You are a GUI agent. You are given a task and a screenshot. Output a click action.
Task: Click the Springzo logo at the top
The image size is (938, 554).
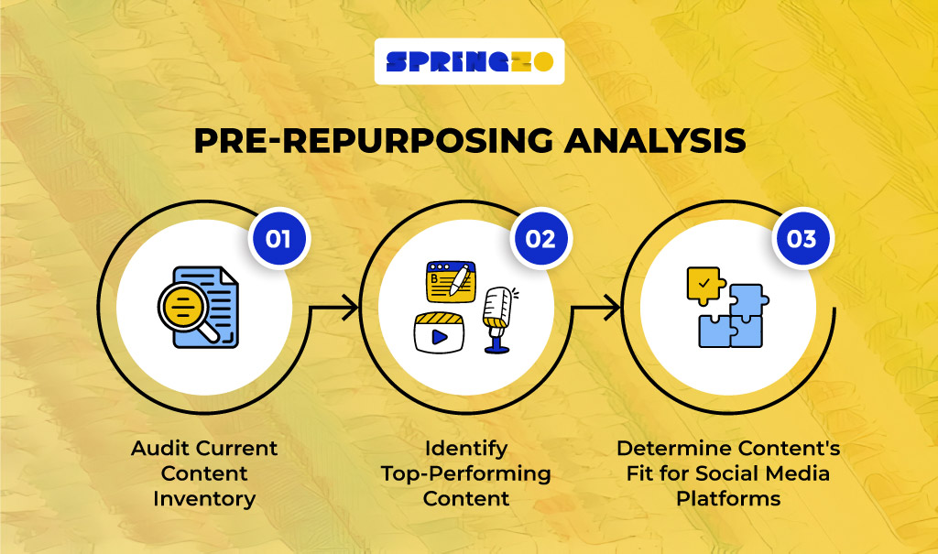pos(469,61)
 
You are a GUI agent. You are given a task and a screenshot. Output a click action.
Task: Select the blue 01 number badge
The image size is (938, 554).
pos(278,239)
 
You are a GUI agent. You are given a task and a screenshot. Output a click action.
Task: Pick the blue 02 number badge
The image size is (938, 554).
pos(540,239)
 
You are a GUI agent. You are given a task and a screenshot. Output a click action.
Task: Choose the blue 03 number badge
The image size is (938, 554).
pos(802,239)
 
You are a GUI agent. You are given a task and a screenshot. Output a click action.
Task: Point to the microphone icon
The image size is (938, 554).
pos(498,317)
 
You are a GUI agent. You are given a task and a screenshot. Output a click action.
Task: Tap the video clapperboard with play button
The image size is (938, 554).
pos(440,332)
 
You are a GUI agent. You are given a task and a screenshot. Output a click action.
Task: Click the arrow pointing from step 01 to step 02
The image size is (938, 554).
pos(334,310)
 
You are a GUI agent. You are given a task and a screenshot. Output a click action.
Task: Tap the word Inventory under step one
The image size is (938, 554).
pos(202,499)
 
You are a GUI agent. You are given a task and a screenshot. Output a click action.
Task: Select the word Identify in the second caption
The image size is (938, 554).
pos(466,449)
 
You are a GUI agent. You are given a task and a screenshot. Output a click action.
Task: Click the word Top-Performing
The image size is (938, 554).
pos(466,473)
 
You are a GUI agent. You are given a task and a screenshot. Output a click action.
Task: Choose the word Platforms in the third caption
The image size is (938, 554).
pos(728,499)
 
